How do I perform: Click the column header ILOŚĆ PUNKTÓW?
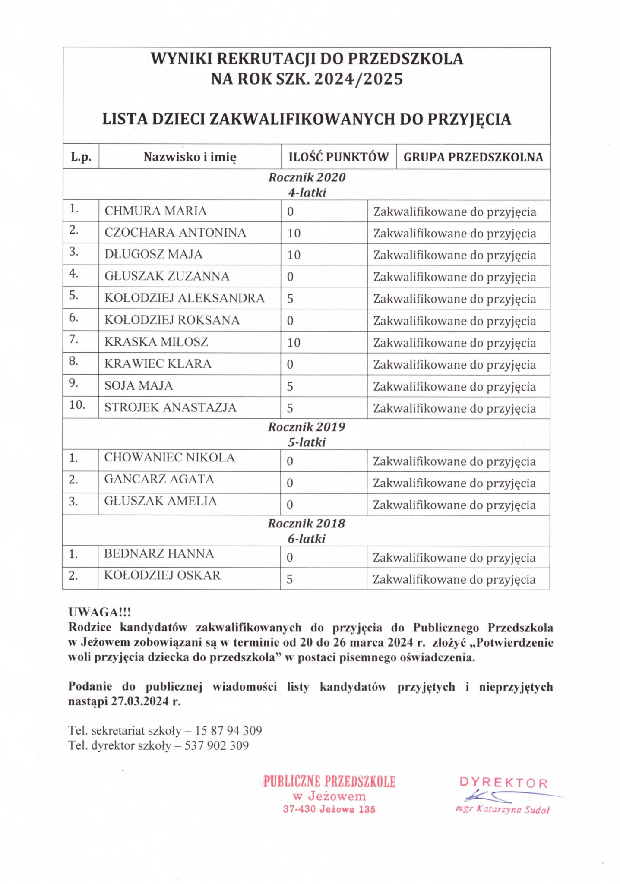(x=338, y=157)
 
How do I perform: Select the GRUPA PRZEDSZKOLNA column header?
(x=473, y=157)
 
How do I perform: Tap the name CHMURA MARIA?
(x=155, y=211)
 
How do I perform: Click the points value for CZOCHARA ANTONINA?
(x=294, y=233)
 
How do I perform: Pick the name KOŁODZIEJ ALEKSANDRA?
(x=184, y=298)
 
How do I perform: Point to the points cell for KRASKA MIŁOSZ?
(x=294, y=343)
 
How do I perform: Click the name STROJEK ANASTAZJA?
(x=170, y=408)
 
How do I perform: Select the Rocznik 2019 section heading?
(x=307, y=427)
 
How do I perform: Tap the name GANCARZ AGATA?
(x=159, y=479)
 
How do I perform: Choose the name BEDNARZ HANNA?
(x=159, y=554)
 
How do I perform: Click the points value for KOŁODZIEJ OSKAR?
(x=290, y=579)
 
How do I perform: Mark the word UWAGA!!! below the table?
(x=99, y=612)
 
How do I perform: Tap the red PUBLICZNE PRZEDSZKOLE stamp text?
(x=329, y=782)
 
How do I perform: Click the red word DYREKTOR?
(x=503, y=783)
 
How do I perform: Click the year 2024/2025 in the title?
(x=358, y=79)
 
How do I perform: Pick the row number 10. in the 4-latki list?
(x=77, y=405)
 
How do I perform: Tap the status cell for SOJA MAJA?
(x=454, y=387)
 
